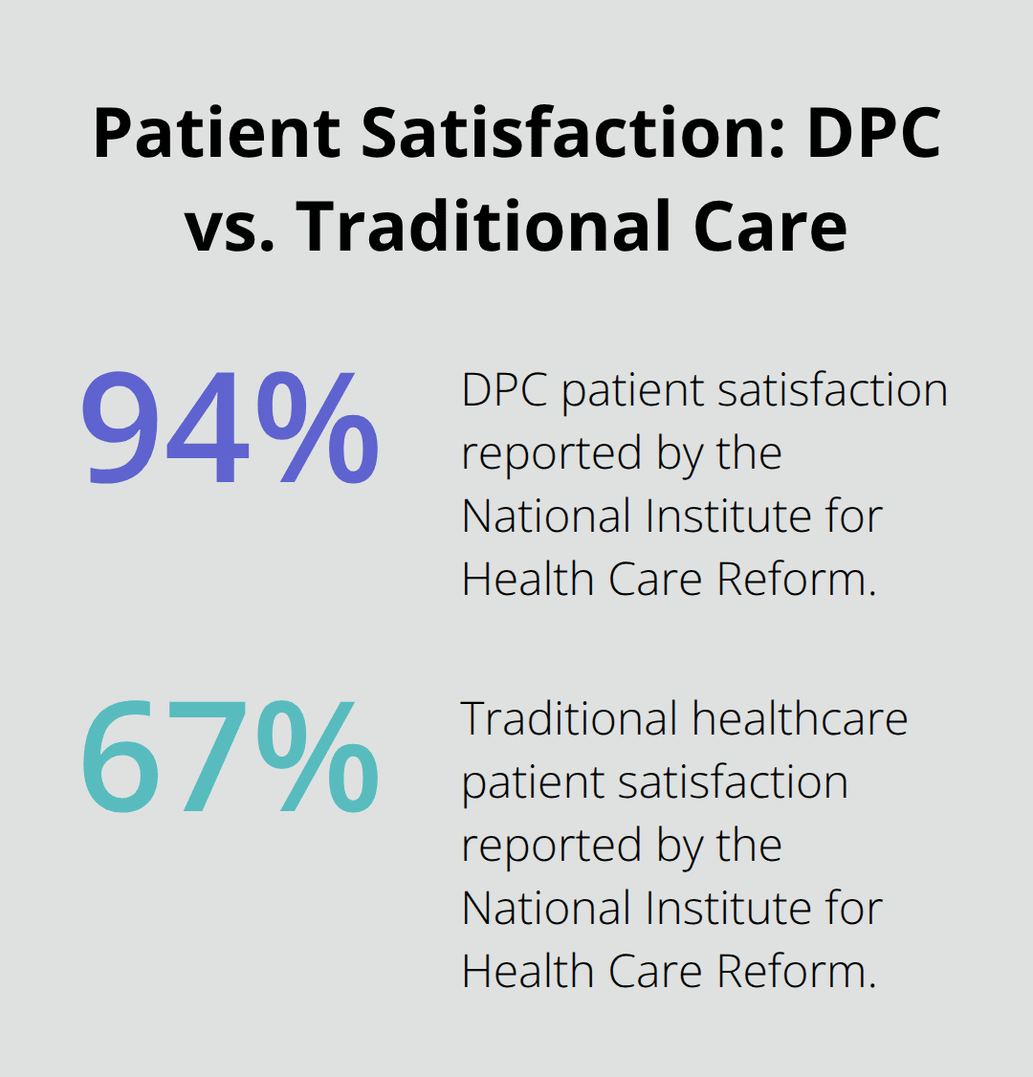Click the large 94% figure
[x=230, y=430]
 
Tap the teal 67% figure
[x=230, y=756]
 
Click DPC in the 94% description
[x=504, y=390]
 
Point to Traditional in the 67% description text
[x=570, y=718]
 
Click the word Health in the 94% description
[x=518, y=580]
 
